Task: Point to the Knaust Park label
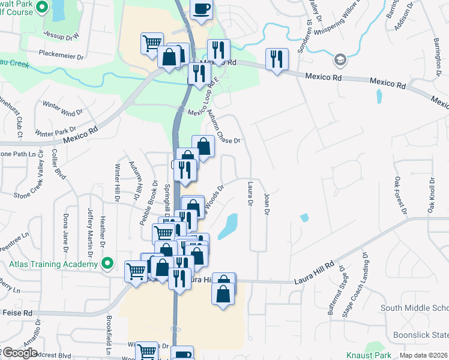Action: [369, 355]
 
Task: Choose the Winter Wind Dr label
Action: [63, 109]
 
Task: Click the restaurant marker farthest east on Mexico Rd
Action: [277, 59]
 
